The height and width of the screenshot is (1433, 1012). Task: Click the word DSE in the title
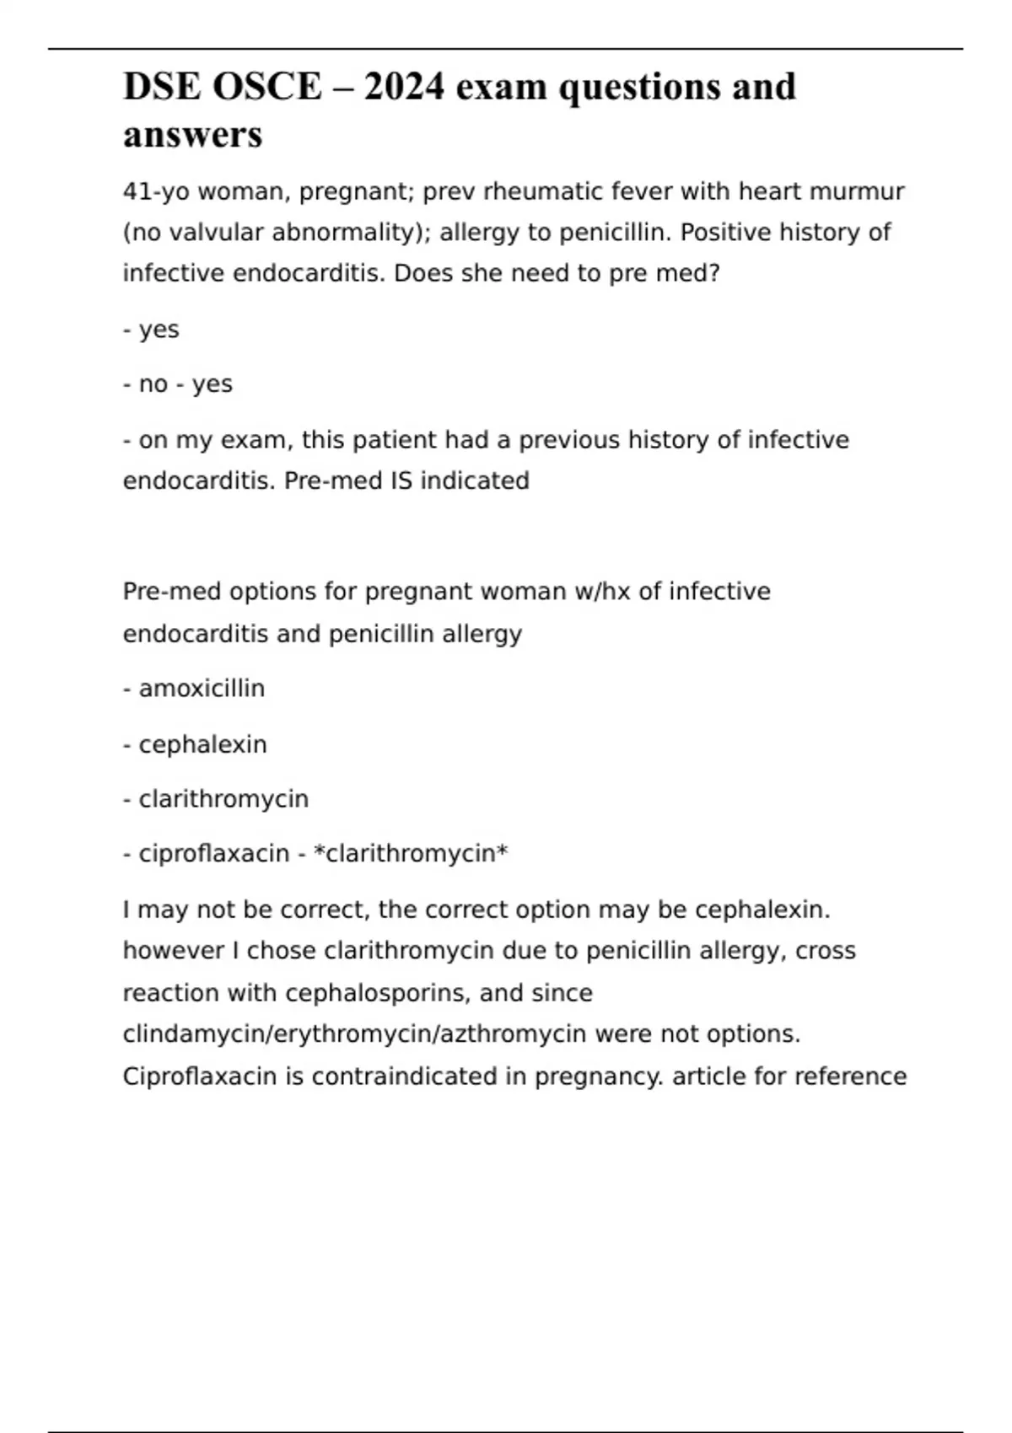click(x=159, y=87)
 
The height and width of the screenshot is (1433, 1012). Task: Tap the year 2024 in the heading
click(x=404, y=87)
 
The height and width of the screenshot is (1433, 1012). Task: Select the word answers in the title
click(x=192, y=135)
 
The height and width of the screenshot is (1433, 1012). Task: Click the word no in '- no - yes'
click(x=153, y=384)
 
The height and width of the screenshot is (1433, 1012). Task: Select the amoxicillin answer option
click(x=202, y=689)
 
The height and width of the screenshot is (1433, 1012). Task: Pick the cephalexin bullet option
click(x=202, y=745)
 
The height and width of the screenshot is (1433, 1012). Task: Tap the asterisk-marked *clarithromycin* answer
click(x=411, y=854)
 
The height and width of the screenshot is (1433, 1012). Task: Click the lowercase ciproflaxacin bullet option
click(x=213, y=854)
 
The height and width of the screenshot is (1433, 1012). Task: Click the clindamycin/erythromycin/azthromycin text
click(x=354, y=1034)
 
